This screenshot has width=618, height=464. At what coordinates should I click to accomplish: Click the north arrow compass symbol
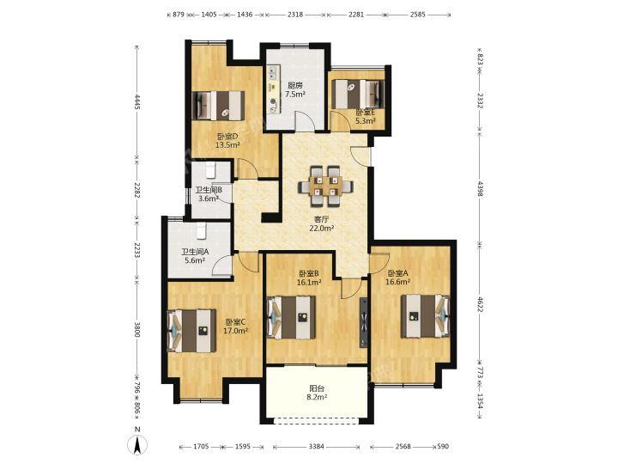click(137, 445)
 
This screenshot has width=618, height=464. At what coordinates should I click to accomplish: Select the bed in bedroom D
click(218, 106)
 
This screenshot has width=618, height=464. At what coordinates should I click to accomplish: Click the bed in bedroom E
click(358, 94)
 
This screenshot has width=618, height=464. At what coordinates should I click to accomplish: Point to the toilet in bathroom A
click(202, 231)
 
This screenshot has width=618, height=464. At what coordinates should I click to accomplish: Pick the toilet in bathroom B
click(210, 170)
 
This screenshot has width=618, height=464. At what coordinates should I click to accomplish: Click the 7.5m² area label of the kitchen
click(295, 95)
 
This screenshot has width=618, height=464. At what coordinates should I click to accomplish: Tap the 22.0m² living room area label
click(322, 228)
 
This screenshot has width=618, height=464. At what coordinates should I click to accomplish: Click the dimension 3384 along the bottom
click(316, 447)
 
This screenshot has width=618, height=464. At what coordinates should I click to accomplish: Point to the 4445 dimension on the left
click(136, 102)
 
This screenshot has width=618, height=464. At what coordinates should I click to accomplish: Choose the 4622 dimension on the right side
click(479, 304)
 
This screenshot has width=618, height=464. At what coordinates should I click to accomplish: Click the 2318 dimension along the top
click(295, 15)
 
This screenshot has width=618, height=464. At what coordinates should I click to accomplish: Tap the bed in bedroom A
click(425, 316)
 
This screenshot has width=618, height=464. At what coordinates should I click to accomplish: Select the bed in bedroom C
click(192, 331)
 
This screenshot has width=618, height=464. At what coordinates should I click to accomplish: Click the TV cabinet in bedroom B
click(363, 322)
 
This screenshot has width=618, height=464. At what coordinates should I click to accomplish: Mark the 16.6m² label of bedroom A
click(398, 282)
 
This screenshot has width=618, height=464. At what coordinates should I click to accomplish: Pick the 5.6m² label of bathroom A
click(195, 260)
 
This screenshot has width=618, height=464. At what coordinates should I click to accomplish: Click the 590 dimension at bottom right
click(443, 447)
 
